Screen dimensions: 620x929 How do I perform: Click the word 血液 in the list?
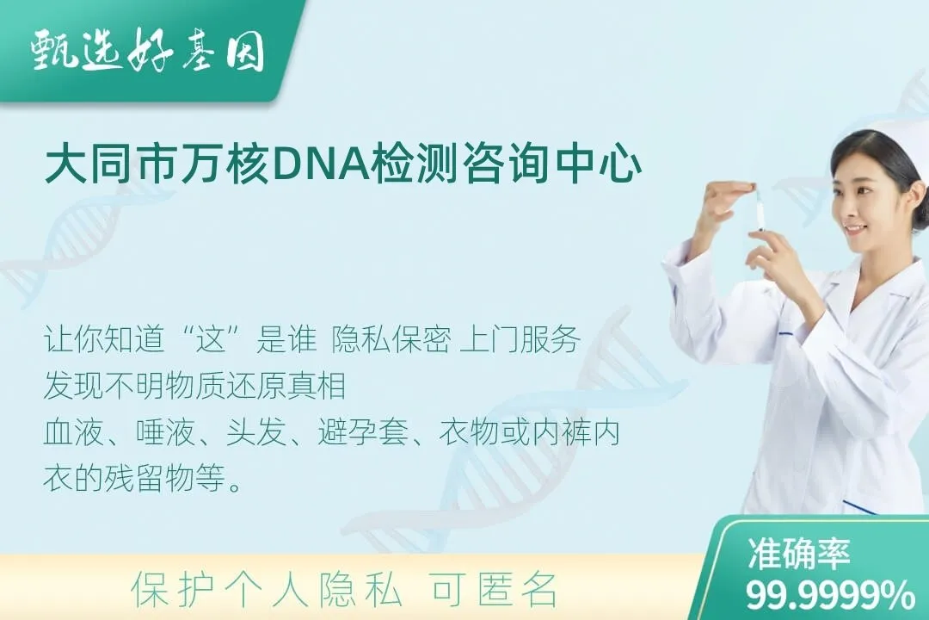pos(68,433)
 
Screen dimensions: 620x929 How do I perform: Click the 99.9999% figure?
pos(830,595)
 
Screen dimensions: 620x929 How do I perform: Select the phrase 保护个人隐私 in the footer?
pos(267,590)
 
